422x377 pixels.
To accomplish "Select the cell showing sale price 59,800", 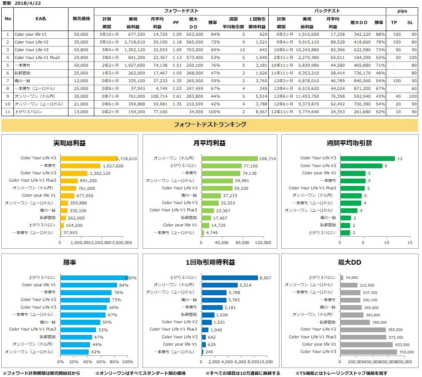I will [81, 49].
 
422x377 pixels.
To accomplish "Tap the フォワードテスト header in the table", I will [181, 10].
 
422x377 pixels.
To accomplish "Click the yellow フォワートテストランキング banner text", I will [209, 125].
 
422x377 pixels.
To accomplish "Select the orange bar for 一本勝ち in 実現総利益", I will [80, 166].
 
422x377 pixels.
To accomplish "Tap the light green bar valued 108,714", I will [229, 158].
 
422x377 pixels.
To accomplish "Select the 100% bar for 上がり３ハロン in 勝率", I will [94, 278].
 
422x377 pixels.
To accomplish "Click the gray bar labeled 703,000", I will [368, 352].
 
